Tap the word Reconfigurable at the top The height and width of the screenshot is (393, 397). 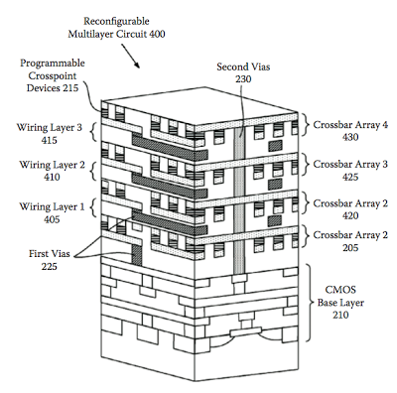[116, 21]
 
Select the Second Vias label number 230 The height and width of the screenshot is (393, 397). [243, 79]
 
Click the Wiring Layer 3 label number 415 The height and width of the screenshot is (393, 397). [49, 140]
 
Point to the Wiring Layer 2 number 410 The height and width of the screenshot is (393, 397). [52, 178]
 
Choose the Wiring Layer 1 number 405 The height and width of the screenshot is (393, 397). [52, 219]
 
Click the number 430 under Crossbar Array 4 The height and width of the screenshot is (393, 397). [350, 137]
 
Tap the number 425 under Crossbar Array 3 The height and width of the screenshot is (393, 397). [350, 177]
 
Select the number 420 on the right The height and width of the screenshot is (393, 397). [350, 215]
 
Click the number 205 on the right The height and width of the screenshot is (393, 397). [350, 248]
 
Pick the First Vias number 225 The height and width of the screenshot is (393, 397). [49, 266]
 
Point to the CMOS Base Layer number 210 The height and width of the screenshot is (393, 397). [340, 315]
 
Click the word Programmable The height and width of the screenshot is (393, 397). [53, 63]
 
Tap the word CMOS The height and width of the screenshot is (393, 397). [340, 290]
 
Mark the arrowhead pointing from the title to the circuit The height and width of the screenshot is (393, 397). [137, 65]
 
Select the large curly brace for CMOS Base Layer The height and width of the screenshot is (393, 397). [310, 302]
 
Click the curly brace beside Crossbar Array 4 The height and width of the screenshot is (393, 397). [307, 125]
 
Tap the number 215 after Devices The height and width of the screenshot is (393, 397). [71, 88]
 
